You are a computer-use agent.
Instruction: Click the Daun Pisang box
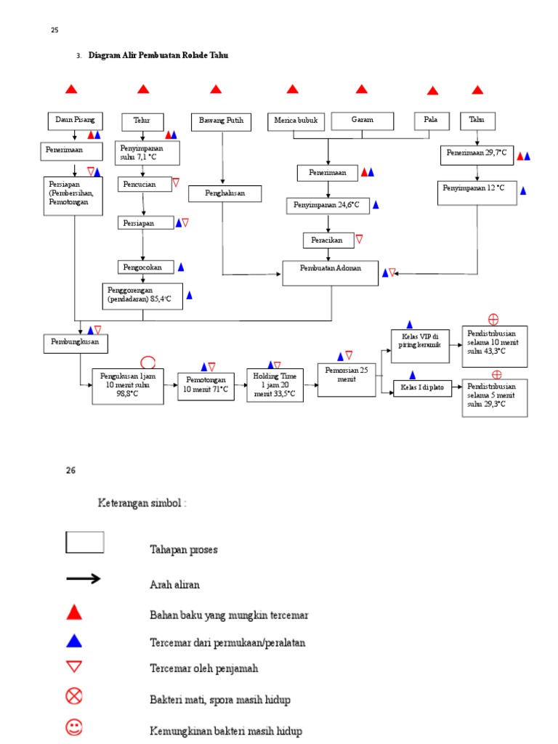pyautogui.click(x=76, y=121)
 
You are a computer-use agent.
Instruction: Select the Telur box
pyautogui.click(x=142, y=121)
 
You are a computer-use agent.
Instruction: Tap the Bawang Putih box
pyautogui.click(x=221, y=121)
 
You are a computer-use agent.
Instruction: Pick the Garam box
pyautogui.click(x=363, y=121)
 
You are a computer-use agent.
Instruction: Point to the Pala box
pyautogui.click(x=432, y=121)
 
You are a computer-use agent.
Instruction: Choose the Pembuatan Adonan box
pyautogui.click(x=331, y=272)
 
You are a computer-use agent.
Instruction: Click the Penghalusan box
pyautogui.click(x=225, y=193)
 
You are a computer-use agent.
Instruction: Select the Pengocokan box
pyautogui.click(x=142, y=267)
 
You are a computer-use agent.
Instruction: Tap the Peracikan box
pyautogui.click(x=328, y=240)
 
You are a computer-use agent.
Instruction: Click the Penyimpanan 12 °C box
pyautogui.click(x=477, y=193)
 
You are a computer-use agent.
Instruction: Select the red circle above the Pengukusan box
pyautogui.click(x=147, y=361)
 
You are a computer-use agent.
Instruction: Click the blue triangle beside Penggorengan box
pyautogui.click(x=190, y=295)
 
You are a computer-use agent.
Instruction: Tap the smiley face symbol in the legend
pyautogui.click(x=74, y=727)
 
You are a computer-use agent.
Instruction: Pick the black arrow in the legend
pyautogui.click(x=84, y=579)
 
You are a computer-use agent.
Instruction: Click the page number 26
pyautogui.click(x=70, y=470)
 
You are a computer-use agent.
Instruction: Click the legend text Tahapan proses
pyautogui.click(x=183, y=549)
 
